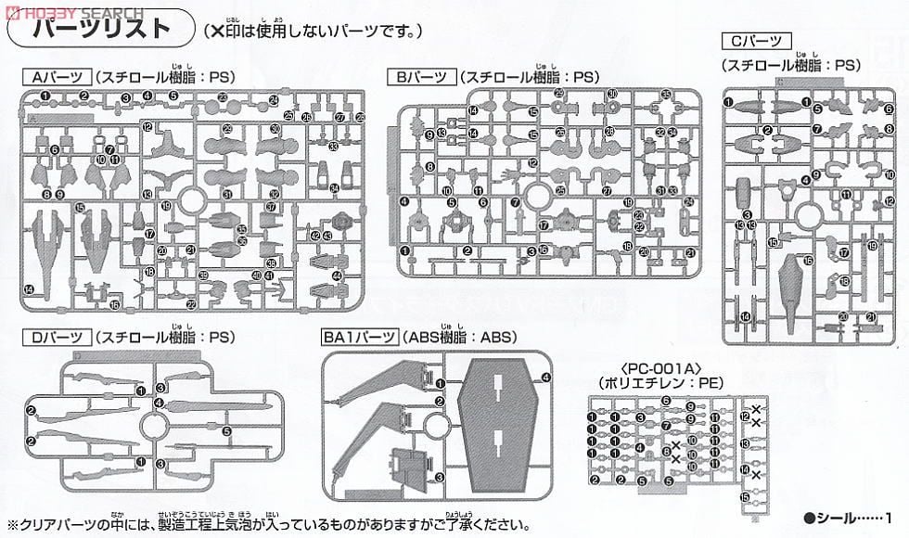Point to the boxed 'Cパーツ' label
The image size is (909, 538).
(755, 41)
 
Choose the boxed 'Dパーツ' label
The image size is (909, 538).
(58, 338)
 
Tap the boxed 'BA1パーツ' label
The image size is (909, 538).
(360, 338)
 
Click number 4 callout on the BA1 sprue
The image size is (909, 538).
(546, 377)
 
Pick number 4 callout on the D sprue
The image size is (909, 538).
(160, 403)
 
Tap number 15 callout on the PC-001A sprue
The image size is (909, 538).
(745, 497)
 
